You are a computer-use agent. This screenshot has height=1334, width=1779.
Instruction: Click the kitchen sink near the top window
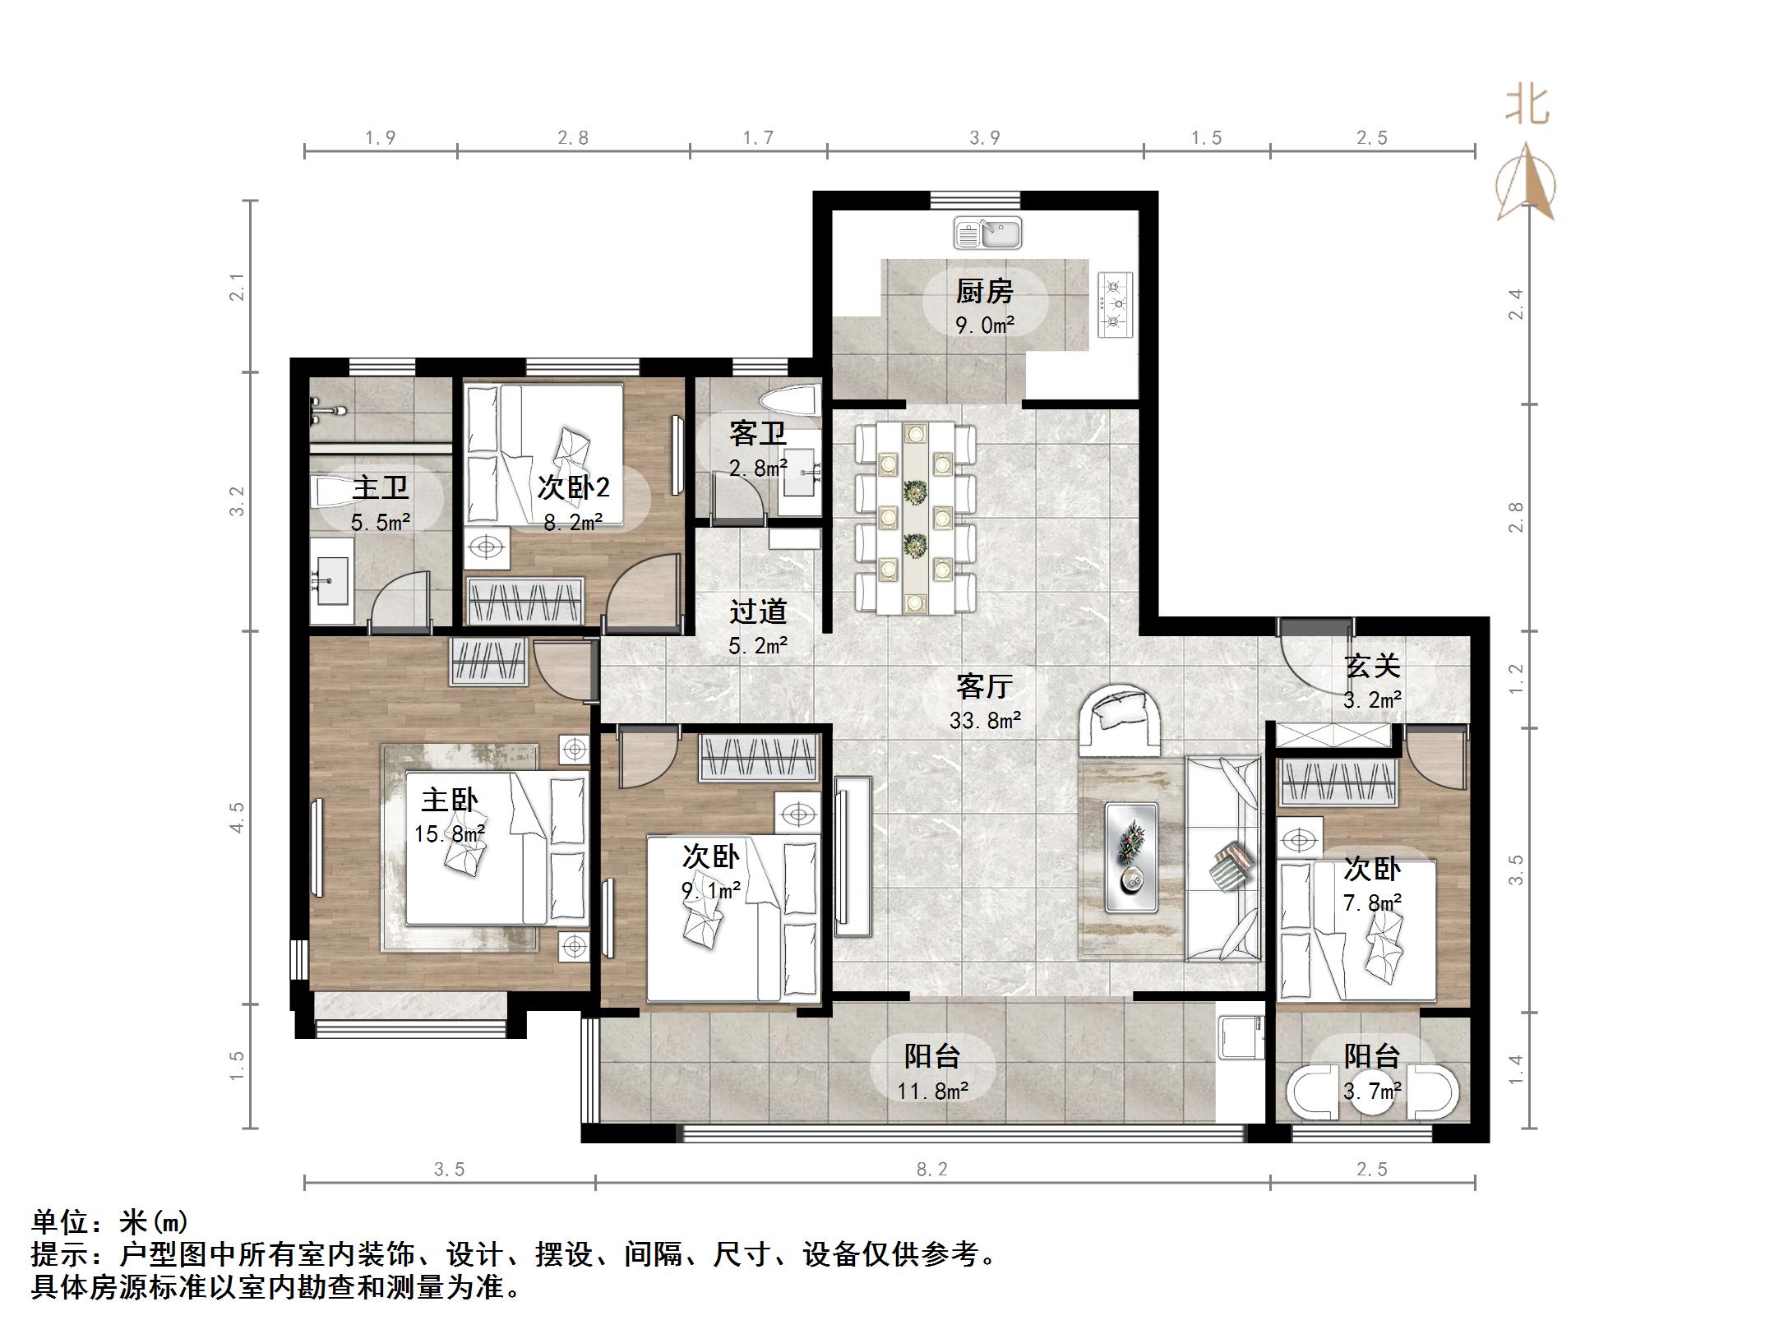coord(987,233)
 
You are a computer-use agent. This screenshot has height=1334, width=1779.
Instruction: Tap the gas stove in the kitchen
coord(1114,303)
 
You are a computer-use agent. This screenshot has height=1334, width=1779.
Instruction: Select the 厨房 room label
coord(984,291)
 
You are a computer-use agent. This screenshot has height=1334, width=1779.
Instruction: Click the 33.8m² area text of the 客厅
coord(985,721)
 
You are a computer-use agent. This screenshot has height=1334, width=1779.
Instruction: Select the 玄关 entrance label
coord(1371,666)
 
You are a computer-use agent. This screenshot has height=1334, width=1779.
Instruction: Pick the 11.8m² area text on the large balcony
coord(932,1092)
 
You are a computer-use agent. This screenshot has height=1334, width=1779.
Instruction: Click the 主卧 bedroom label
coord(450,800)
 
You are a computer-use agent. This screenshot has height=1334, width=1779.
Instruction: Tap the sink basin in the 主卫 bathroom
coord(331,580)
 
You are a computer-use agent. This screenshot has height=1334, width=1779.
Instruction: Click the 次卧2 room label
coord(573,487)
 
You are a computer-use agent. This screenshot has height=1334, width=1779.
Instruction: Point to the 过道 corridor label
coord(758,612)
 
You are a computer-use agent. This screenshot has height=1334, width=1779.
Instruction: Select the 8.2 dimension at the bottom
coord(932,1169)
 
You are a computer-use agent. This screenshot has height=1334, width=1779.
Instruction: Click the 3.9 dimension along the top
coord(984,137)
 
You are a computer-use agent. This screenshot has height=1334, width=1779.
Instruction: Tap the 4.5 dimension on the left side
coord(238,817)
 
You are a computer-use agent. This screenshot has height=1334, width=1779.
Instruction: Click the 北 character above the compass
coord(1527,106)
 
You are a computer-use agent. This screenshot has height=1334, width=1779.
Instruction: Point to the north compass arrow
coord(1526,183)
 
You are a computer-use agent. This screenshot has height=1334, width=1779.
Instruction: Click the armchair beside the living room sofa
coord(1118,719)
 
